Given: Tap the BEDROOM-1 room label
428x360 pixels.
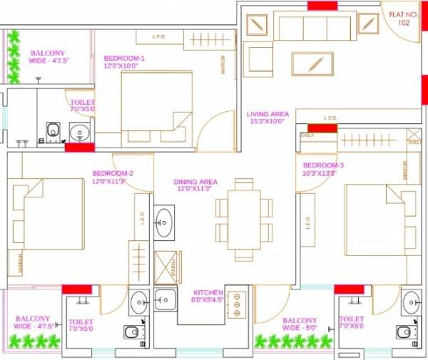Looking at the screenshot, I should click(x=125, y=63).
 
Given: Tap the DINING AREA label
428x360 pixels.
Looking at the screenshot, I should click(x=195, y=185).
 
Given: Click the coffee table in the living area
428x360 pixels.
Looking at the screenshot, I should click(x=312, y=63).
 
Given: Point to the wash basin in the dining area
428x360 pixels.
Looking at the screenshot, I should click(x=163, y=222).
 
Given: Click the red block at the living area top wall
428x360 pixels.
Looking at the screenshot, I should click(x=322, y=6).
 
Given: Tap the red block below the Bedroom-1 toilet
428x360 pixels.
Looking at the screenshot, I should click(x=80, y=148).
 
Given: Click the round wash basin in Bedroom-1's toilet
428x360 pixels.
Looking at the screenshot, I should click(x=78, y=131).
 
